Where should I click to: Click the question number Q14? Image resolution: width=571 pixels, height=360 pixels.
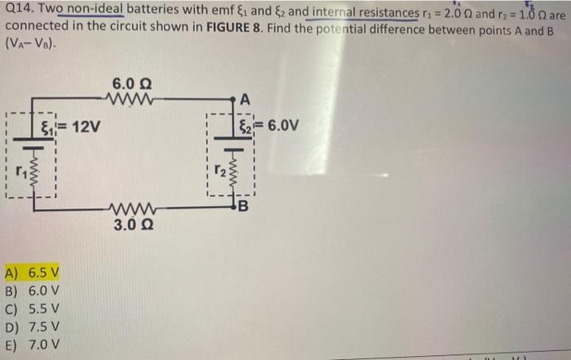(17, 15)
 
